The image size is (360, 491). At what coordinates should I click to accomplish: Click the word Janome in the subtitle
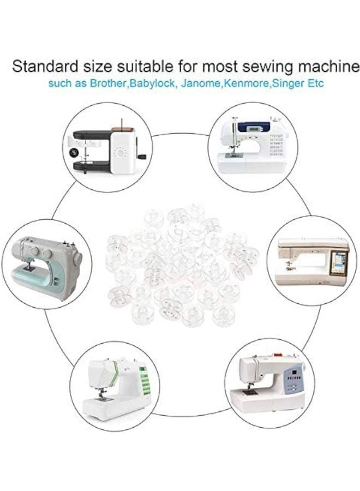pos(201,84)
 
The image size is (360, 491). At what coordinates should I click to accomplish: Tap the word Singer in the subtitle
pos(288,84)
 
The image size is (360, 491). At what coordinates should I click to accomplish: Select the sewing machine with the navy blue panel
pos(253,145)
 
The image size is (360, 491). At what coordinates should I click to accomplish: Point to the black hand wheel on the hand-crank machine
pos(74,153)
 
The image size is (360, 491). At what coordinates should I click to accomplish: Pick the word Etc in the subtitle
pos(315,84)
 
